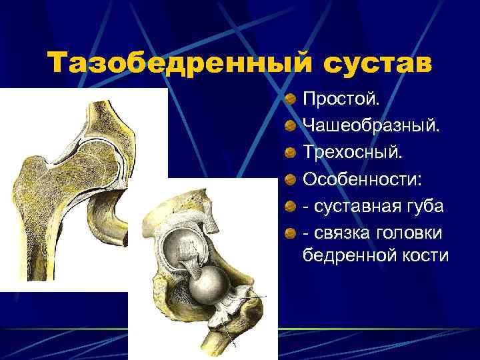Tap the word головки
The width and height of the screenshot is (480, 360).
(412, 229)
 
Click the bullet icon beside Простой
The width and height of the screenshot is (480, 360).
(289, 100)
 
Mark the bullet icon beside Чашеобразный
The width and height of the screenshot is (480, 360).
(289, 126)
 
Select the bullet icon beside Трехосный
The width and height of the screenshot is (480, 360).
(289, 152)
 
